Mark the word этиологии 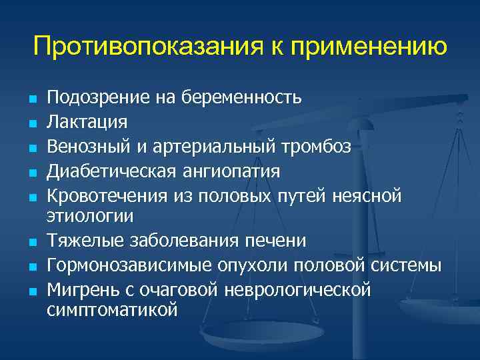pos(90,216)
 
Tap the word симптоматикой pos(113,310)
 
